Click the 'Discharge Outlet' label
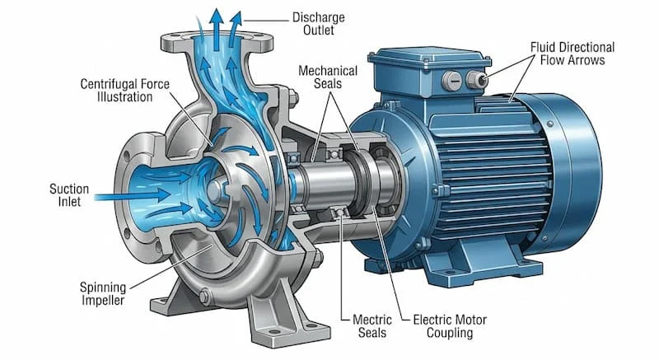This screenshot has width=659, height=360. pyautogui.click(x=318, y=24)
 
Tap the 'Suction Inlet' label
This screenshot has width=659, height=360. pyautogui.click(x=69, y=195)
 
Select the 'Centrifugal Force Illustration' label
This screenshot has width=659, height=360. pyautogui.click(x=125, y=91)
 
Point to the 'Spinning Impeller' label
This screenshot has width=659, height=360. pyautogui.click(x=103, y=293)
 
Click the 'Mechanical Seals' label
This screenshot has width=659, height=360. pyautogui.click(x=328, y=77)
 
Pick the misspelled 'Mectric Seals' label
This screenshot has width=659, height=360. pyautogui.click(x=372, y=326)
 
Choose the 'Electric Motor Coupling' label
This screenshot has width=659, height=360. pyautogui.click(x=450, y=326)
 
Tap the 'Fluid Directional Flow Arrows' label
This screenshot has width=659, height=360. pyautogui.click(x=573, y=54)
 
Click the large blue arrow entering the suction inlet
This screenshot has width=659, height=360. pyautogui.click(x=133, y=195)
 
